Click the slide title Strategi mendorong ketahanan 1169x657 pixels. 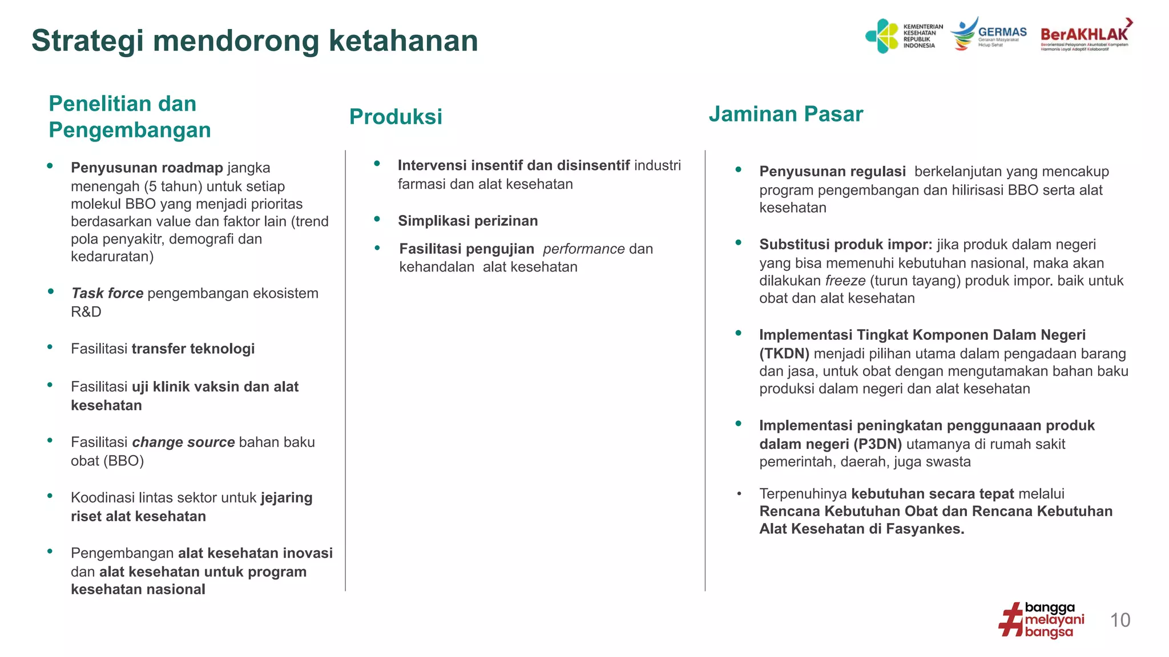(255, 41)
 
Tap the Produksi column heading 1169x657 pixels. (396, 117)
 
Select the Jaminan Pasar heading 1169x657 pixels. (785, 114)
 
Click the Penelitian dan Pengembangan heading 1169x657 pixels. (130, 117)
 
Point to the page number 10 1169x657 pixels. (1120, 620)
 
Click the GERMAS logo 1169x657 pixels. (989, 34)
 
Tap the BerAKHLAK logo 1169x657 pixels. (1085, 35)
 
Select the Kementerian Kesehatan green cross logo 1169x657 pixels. (882, 36)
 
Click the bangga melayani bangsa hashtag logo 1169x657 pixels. (1041, 620)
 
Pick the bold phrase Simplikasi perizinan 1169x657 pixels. (467, 221)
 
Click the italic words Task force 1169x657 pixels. (107, 293)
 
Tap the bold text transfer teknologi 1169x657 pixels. (193, 348)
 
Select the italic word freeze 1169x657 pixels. (845, 281)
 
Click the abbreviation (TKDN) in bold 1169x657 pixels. (784, 354)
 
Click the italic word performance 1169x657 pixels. (583, 249)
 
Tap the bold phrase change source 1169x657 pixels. (183, 442)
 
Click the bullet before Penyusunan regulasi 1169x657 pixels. (738, 169)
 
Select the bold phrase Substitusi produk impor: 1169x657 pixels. (845, 245)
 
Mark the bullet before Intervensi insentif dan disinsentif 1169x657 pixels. (377, 164)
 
